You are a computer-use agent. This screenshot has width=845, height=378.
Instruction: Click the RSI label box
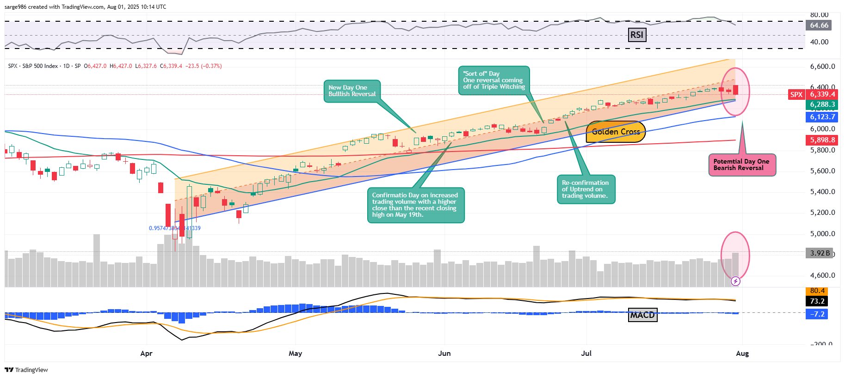tap(637, 35)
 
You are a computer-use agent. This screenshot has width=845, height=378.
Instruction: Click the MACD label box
tap(642, 315)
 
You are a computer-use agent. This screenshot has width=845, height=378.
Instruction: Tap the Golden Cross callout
tap(616, 132)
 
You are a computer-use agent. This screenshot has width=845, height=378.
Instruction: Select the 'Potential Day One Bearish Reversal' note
tap(741, 165)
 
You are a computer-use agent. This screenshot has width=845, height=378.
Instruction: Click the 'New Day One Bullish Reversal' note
tap(352, 91)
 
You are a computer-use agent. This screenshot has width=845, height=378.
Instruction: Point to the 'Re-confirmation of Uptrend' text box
tap(586, 189)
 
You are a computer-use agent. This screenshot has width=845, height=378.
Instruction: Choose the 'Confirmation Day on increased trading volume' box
tap(415, 205)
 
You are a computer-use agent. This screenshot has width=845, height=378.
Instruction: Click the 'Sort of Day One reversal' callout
tap(493, 80)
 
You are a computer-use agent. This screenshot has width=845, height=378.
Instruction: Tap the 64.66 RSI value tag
tap(819, 25)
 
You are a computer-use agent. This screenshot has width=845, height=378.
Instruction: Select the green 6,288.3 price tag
tap(822, 105)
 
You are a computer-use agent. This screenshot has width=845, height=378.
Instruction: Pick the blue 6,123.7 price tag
tap(822, 117)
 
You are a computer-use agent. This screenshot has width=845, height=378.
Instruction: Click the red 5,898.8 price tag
tap(822, 140)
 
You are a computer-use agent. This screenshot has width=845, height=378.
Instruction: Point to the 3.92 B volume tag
tap(820, 253)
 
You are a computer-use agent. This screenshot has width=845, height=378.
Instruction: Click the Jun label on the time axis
tap(444, 354)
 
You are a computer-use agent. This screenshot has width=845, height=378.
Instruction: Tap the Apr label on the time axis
tap(146, 354)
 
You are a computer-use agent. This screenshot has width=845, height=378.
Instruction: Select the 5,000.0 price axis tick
tap(822, 234)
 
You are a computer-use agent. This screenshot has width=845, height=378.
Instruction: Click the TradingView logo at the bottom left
tap(26, 370)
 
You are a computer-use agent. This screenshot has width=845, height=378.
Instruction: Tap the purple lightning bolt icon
tap(735, 281)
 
